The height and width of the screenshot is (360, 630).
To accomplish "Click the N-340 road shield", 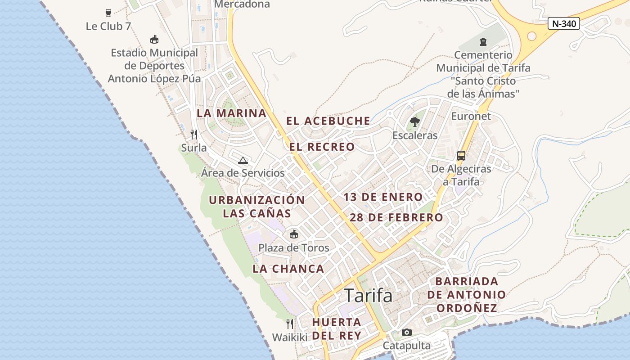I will click(x=563, y=24).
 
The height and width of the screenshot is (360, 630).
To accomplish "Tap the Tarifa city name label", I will click(x=368, y=296).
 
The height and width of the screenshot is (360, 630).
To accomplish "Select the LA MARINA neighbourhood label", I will click(x=232, y=113).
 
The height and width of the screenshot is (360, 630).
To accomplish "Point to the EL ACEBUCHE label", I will click(x=328, y=121).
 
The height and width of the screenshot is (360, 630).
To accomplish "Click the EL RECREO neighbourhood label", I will click(x=322, y=147).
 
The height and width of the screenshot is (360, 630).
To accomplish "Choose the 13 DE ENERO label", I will click(x=383, y=197).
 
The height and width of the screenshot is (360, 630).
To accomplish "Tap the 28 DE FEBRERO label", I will click(x=396, y=218).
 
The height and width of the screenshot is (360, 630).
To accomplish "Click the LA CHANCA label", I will click(x=288, y=269).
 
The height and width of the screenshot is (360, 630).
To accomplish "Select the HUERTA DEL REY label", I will click(x=337, y=329).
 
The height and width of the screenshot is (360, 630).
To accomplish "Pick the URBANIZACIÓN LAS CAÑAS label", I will click(x=257, y=207).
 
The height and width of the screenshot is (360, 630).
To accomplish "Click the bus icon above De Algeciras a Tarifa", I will click(x=461, y=156).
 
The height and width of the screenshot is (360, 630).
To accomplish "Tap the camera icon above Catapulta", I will click(x=407, y=333).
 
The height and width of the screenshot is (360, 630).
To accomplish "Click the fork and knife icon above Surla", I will click(x=194, y=134).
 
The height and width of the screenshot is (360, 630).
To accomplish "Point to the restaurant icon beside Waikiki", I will click(x=290, y=324).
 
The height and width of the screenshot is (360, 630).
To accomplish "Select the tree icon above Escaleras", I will click(x=414, y=121).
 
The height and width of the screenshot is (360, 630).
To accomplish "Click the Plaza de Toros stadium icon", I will click(x=294, y=234).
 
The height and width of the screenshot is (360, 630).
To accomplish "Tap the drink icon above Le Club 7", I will click(x=108, y=13).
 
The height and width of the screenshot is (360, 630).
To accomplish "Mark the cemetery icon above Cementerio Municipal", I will click(x=483, y=42).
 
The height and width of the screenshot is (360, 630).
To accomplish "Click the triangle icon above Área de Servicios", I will click(x=243, y=160).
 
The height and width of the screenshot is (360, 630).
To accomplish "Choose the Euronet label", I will click(x=471, y=116).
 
